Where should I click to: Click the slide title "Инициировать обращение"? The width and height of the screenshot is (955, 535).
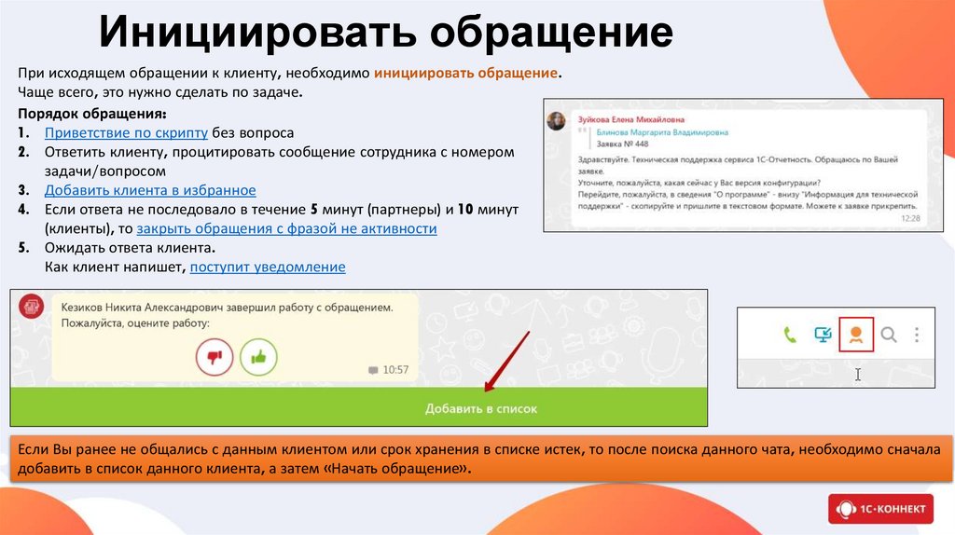(x=386, y=33)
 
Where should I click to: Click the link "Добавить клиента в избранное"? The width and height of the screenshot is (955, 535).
(x=150, y=190)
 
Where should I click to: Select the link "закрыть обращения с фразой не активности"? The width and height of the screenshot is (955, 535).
(x=286, y=228)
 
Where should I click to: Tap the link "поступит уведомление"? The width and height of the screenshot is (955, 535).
(x=268, y=267)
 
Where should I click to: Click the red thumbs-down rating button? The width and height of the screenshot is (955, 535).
(x=215, y=356)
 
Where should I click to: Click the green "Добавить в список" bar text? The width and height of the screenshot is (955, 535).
(x=481, y=408)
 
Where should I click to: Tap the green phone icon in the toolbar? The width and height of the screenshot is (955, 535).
(x=790, y=335)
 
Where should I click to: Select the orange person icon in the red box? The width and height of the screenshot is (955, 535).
(x=856, y=335)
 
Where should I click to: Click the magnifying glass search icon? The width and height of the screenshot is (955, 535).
(x=889, y=335)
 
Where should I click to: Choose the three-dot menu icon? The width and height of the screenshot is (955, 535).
(x=918, y=335)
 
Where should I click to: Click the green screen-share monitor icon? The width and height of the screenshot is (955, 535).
(x=823, y=335)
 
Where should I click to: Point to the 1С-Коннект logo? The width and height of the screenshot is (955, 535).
(x=880, y=509)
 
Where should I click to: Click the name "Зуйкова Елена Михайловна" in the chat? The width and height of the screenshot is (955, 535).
(x=631, y=119)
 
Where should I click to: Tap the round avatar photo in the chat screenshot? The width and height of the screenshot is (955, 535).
(x=557, y=122)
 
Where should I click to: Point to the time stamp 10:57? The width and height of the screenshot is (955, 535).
(x=396, y=370)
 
